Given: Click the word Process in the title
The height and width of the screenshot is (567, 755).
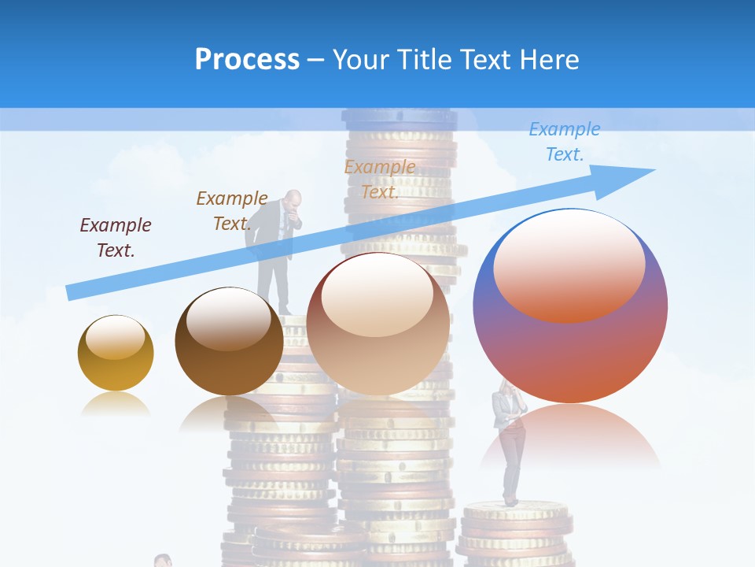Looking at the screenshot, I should (247, 60).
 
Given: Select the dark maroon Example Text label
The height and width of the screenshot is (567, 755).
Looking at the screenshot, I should (116, 237).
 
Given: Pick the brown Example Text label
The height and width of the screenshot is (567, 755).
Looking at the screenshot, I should (232, 210).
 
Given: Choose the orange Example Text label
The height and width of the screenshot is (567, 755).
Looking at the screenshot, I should (380, 179).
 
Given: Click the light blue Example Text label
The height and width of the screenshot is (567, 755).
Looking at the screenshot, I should (564, 141).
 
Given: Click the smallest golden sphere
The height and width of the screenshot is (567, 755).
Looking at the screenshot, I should (116, 353).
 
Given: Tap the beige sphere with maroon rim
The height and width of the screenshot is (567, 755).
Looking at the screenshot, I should (377, 324).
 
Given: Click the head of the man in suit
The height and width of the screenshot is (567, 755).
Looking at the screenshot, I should (293, 201).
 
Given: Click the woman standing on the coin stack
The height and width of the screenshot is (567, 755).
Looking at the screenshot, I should (509, 441).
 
